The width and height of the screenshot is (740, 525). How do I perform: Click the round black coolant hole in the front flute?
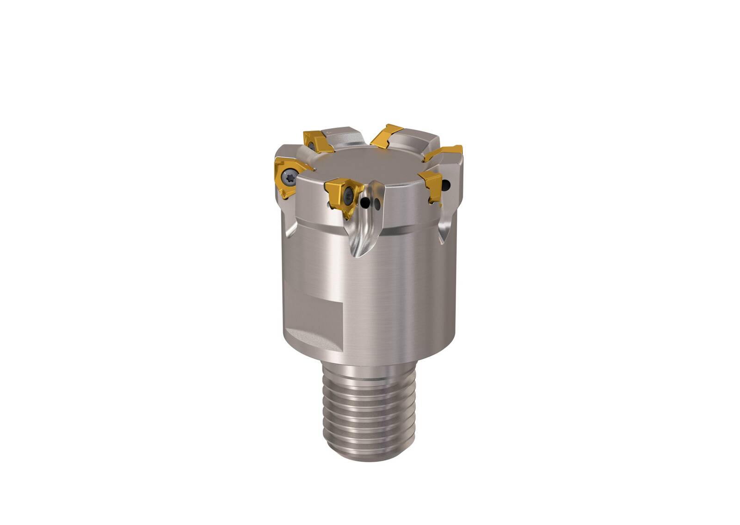pyautogui.click(x=367, y=202)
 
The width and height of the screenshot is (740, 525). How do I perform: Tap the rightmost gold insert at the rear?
pyautogui.click(x=444, y=153)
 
